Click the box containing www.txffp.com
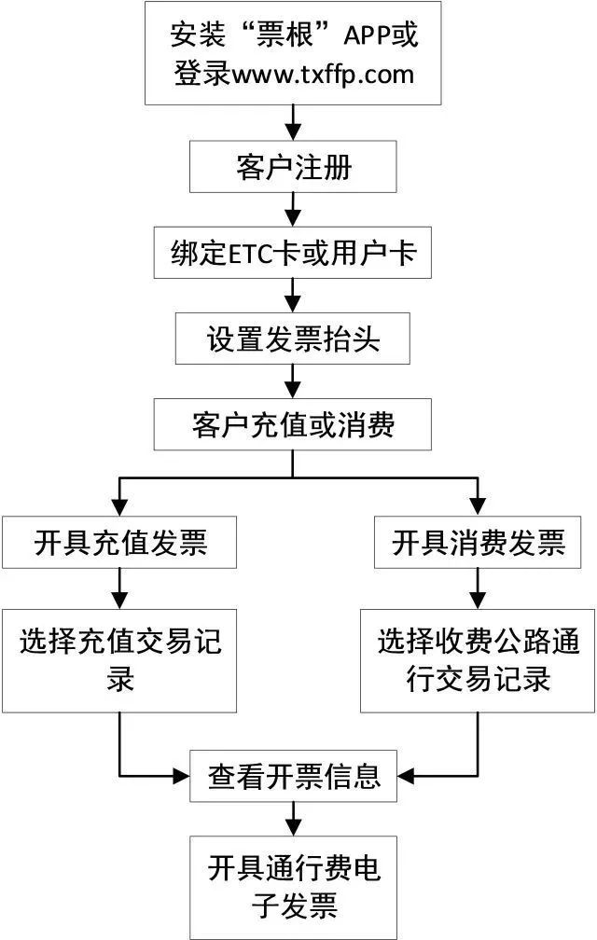click(x=294, y=54)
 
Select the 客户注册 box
click(x=294, y=168)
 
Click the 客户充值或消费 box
click(x=294, y=425)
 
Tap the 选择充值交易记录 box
click(x=120, y=660)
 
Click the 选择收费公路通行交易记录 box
click(x=478, y=660)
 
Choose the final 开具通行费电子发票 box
click(x=294, y=887)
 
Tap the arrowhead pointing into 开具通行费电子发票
click(x=294, y=826)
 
